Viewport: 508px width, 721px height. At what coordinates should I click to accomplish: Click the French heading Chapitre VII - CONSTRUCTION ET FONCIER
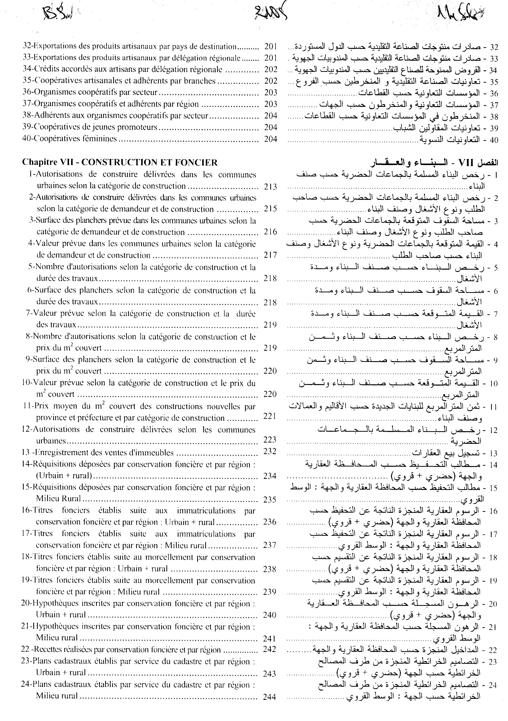120,162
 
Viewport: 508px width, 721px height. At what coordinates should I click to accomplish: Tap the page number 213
270,187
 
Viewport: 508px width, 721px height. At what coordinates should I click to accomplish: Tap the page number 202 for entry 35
271,81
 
